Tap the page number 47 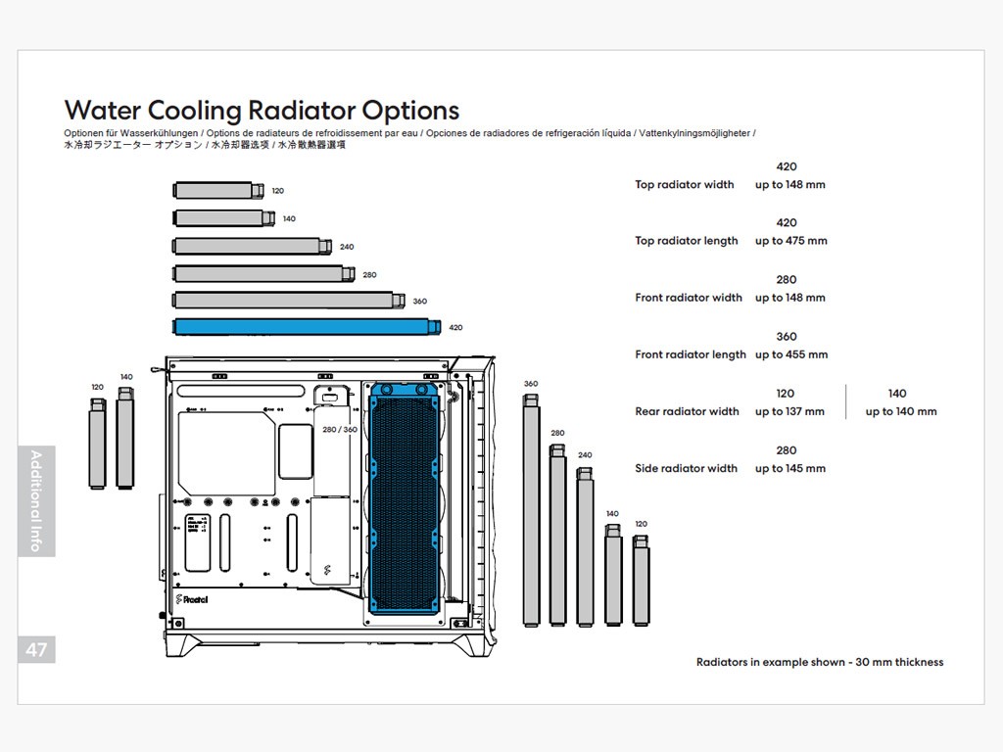[36, 650]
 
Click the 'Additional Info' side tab [36, 500]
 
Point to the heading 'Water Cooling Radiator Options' [262, 110]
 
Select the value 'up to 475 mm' [790, 241]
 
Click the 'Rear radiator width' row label [687, 411]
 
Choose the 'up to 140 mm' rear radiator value [900, 411]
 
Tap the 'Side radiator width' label [686, 468]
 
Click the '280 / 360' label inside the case [340, 430]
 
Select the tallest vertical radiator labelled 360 [531, 509]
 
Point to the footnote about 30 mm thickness [820, 662]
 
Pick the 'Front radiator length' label [691, 354]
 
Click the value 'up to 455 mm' [790, 354]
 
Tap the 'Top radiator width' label [684, 184]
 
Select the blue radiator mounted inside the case [404, 497]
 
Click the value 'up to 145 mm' [789, 468]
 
